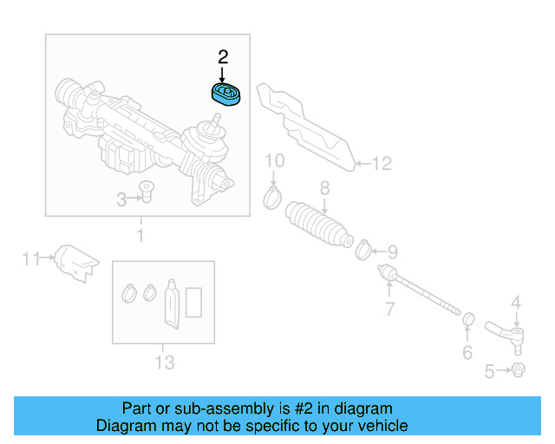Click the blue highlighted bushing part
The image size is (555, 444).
228,94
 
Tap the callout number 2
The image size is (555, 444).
223,58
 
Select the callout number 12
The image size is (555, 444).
382,162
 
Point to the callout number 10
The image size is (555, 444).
274,160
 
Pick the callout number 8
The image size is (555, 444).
323,186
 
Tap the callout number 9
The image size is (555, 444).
392,252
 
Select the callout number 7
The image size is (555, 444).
389,309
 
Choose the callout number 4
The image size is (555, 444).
515,303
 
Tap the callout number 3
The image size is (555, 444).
122,200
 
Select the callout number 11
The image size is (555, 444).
31,258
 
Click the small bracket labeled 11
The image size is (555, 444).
75,261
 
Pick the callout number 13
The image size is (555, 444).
164,362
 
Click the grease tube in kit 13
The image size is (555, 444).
172,304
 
